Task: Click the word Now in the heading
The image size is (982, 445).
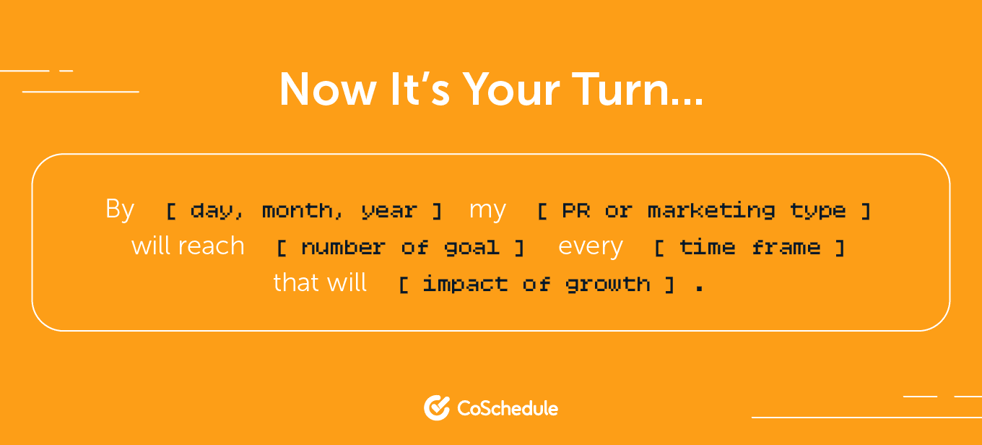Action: pos(328,90)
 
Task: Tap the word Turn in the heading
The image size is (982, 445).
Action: pos(621,90)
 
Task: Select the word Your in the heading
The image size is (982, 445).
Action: pos(511,90)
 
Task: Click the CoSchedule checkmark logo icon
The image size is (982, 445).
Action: pos(437,407)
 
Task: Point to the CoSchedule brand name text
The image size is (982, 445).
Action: pos(508,409)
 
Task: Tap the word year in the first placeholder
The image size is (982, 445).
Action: pos(389,212)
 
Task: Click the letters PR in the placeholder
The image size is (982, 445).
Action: pos(575,210)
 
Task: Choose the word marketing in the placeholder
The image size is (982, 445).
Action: pos(711,212)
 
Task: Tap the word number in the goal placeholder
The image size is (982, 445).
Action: pos(343,248)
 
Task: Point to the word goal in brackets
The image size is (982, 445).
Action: pos(472,249)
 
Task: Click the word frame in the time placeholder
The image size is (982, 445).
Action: pos(786,248)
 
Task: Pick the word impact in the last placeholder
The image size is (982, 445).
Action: pos(465,285)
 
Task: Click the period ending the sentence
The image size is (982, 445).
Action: pos(700,289)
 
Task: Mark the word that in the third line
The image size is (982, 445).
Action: pos(298,282)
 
